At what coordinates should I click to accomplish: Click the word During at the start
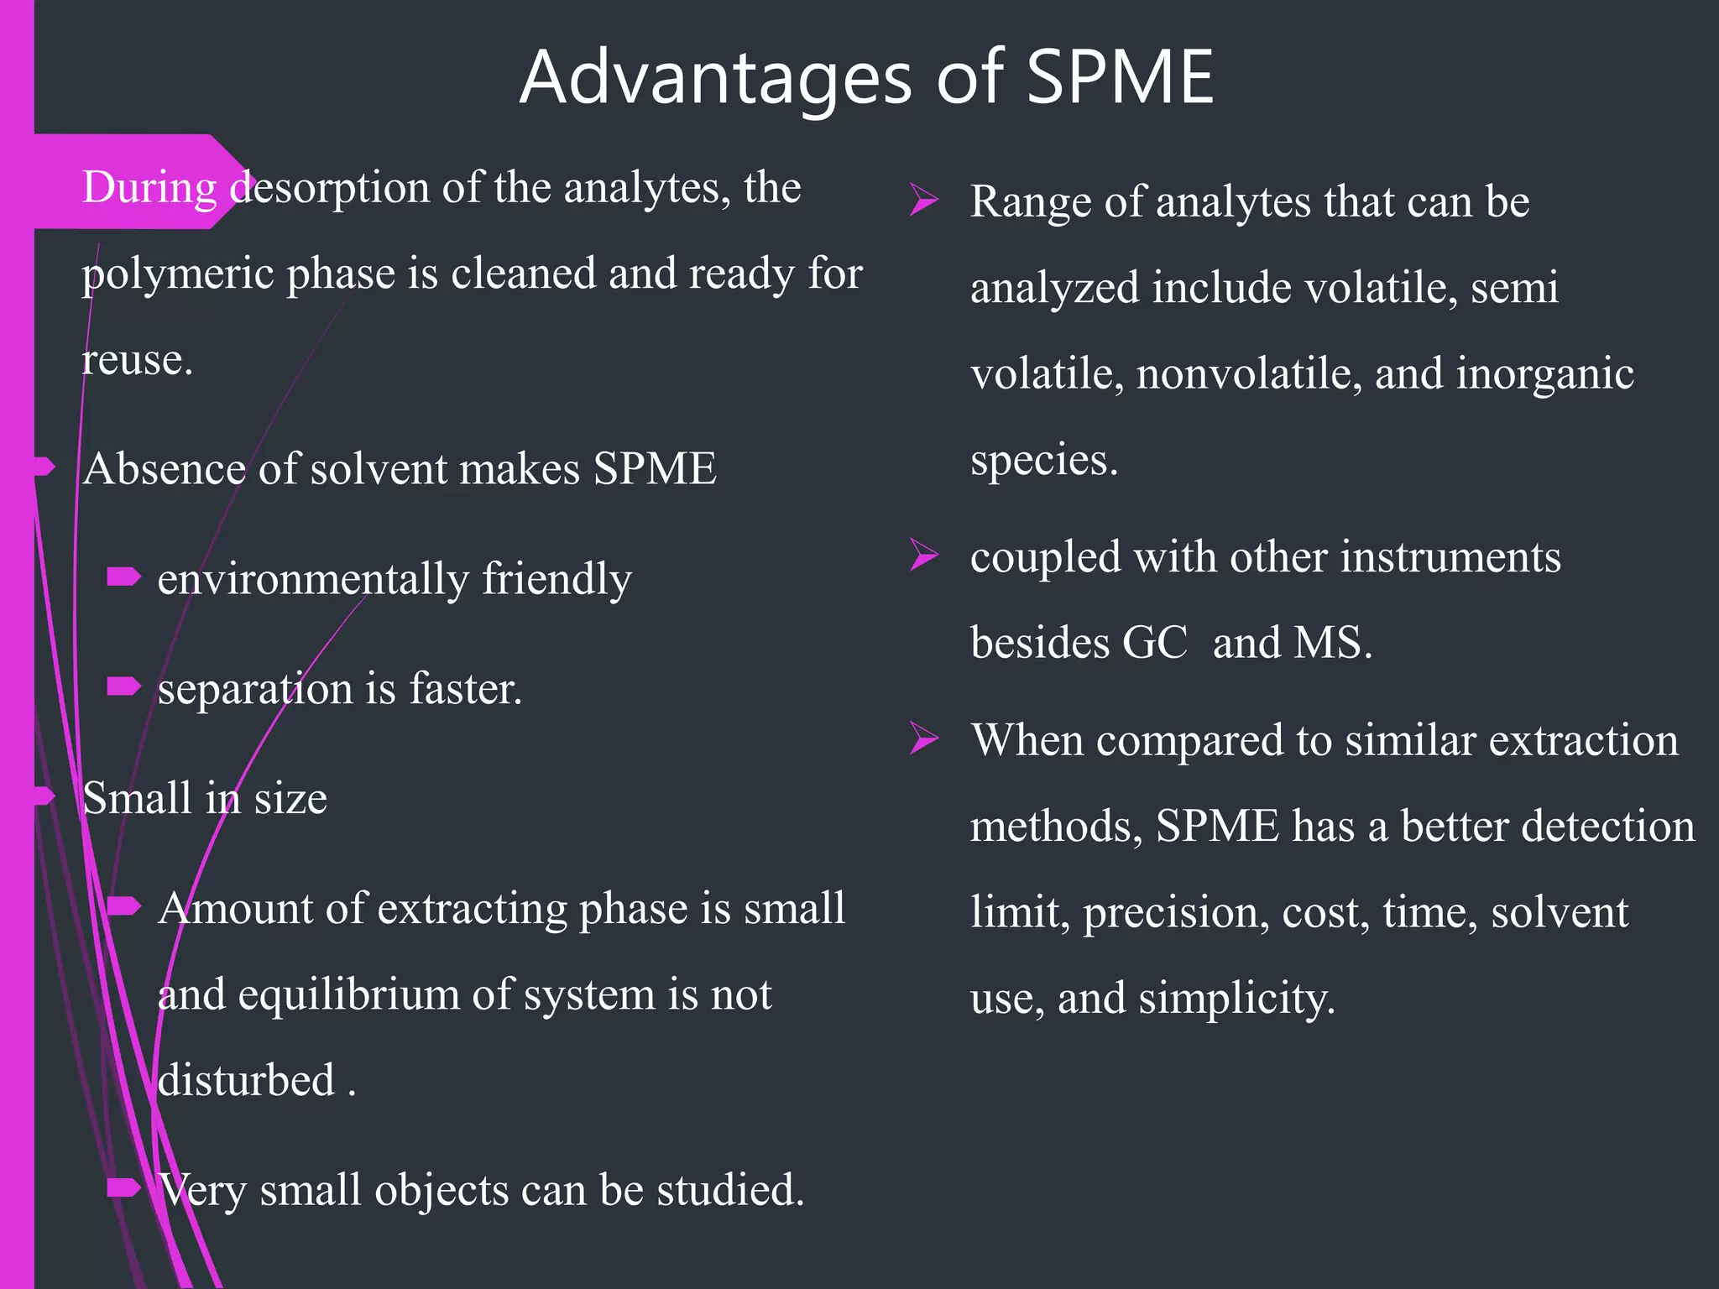pyautogui.click(x=149, y=187)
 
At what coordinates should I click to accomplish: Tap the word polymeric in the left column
pyautogui.click(x=179, y=274)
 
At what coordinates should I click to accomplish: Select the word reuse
pyautogui.click(x=136, y=360)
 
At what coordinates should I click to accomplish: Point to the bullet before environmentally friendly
pyautogui.click(x=123, y=577)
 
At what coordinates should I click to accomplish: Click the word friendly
pyautogui.click(x=556, y=579)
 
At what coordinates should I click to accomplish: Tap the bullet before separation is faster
pyautogui.click(x=123, y=687)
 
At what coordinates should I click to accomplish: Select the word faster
pyautogui.click(x=465, y=689)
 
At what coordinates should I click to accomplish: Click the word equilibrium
pyautogui.click(x=348, y=994)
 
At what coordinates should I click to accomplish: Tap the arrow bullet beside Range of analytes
pyautogui.click(x=923, y=201)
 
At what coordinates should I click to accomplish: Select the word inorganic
pyautogui.click(x=1544, y=373)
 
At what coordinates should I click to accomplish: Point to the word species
pyautogui.click(x=1043, y=460)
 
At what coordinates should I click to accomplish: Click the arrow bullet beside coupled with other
pyautogui.click(x=923, y=556)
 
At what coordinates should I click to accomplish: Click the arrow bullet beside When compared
pyautogui.click(x=923, y=739)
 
